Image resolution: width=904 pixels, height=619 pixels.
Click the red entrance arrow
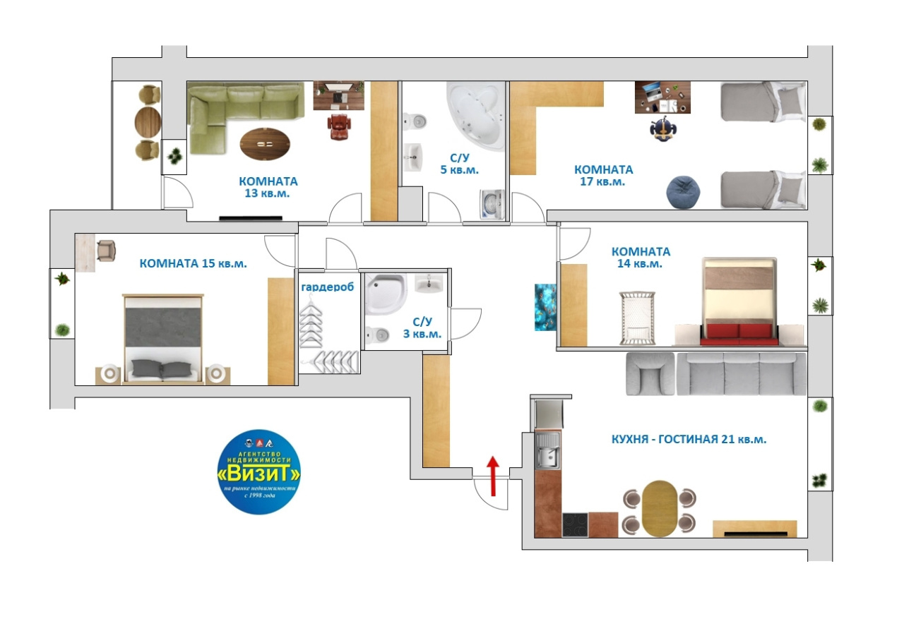[492, 476]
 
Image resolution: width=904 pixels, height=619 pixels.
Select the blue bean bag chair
[683, 193]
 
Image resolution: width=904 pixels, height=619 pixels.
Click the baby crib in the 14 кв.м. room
[638, 318]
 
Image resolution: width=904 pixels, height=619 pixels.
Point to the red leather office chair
[339, 126]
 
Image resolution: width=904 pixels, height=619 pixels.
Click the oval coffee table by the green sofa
[265, 144]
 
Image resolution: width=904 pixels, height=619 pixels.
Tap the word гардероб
[327, 287]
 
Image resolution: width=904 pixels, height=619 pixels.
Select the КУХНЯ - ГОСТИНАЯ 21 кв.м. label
[689, 439]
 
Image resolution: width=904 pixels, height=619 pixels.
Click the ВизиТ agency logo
[258, 471]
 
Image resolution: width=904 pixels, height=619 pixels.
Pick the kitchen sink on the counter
[547, 451]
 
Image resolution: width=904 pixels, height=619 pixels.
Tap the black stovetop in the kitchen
[575, 524]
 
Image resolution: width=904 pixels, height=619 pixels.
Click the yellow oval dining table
[660, 508]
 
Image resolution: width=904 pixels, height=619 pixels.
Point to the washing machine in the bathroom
[492, 205]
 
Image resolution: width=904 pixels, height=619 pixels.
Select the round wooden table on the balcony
[148, 123]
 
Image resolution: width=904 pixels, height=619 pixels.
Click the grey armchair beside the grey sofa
[650, 374]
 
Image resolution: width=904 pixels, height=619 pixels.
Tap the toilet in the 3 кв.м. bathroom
[377, 335]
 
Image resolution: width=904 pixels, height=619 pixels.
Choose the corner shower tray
[386, 294]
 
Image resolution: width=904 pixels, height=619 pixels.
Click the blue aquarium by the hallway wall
[545, 307]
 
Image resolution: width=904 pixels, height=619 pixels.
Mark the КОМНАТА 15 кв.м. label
[193, 263]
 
